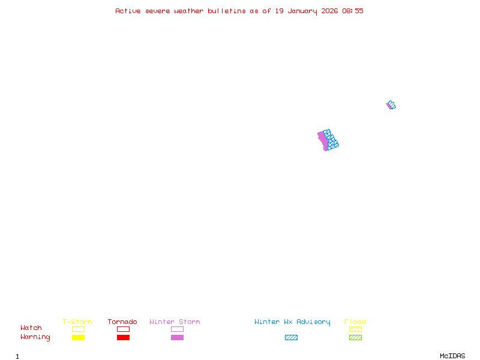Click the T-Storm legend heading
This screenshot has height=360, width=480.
coord(77,322)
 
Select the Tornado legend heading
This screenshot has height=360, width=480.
coord(122,322)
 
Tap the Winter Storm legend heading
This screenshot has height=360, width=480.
coord(175,322)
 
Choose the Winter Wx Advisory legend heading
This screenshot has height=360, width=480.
coord(292,322)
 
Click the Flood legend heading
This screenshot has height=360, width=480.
coord(355,322)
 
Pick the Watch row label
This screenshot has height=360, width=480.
coord(31,328)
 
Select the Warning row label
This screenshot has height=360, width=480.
coord(35,337)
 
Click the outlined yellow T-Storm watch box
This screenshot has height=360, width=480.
coord(78,329)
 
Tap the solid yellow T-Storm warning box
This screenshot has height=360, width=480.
coord(78,337)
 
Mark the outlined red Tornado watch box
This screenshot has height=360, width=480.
coord(123,329)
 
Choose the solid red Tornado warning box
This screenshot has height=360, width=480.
coord(123,337)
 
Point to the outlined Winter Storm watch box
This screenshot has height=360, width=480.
coord(177,329)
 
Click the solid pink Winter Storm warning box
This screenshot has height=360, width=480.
coord(177,337)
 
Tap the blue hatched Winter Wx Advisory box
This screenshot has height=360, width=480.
coord(291,337)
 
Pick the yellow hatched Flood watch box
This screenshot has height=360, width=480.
coord(355,329)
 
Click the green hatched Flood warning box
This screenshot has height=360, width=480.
coord(355,337)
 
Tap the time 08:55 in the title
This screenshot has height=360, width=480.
coord(353,11)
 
